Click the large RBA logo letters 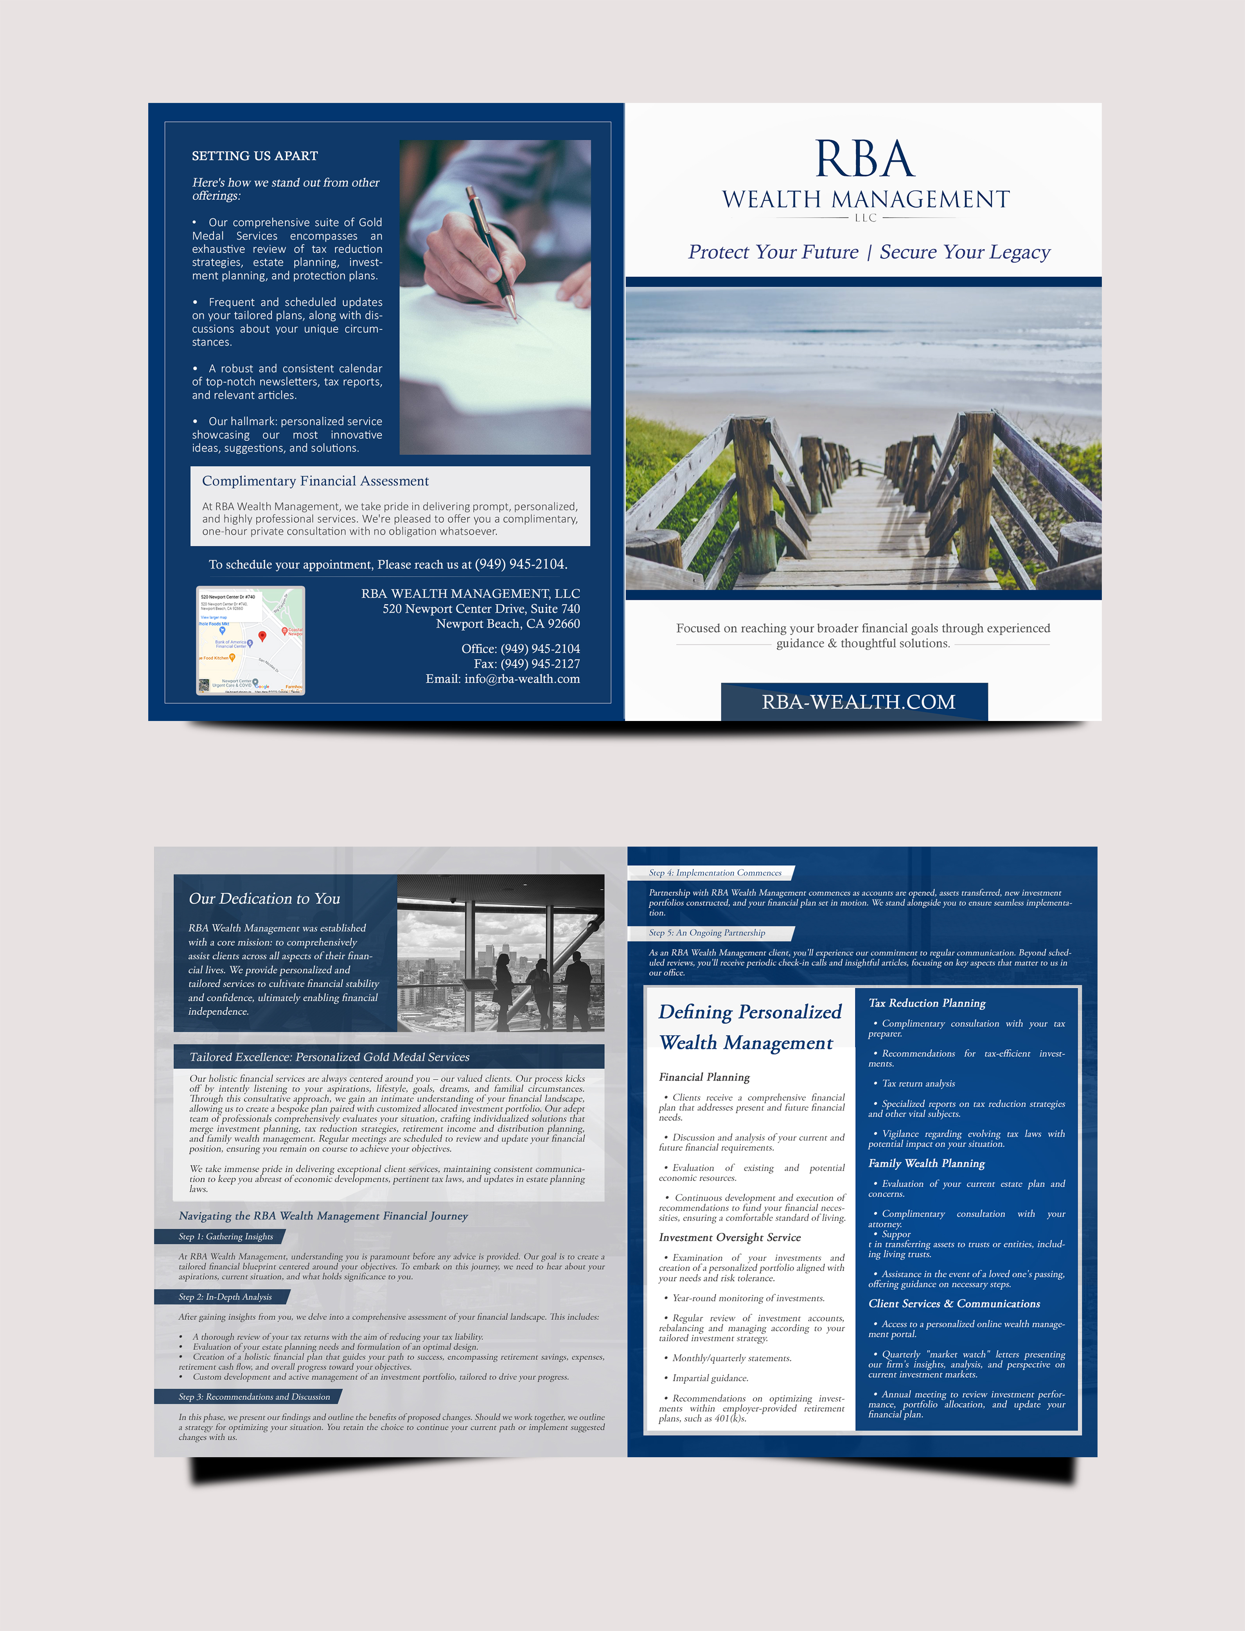[x=864, y=159]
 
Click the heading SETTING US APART [x=254, y=156]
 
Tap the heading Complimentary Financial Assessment [x=315, y=481]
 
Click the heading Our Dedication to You [x=264, y=899]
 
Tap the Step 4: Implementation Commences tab [x=714, y=872]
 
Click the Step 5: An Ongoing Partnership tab [x=706, y=933]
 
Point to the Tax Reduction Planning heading [x=926, y=1003]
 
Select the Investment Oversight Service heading [x=729, y=1237]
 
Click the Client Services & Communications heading [x=954, y=1303]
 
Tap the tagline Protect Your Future [x=773, y=252]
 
